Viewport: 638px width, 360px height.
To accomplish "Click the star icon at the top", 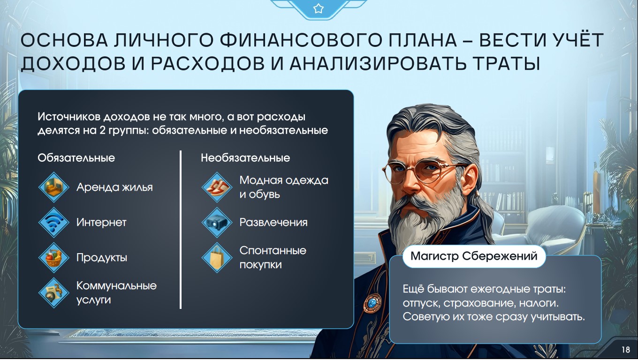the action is tap(318, 8).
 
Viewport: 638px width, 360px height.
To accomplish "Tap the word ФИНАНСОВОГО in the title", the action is tap(301, 40).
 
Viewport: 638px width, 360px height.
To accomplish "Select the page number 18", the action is tap(626, 350).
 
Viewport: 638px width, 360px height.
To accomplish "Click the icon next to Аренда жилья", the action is tap(54, 187).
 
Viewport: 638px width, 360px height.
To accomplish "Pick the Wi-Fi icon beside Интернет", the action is tap(54, 222).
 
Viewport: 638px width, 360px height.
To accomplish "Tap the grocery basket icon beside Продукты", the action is tap(54, 257).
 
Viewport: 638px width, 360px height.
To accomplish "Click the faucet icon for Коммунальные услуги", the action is tap(54, 293).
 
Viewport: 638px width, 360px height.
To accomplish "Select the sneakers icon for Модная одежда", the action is tap(217, 187).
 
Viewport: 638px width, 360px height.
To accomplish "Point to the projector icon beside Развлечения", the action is tap(217, 222).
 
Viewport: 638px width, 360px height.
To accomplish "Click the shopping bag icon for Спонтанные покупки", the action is tap(217, 257).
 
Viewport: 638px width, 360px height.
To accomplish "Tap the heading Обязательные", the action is tap(76, 157).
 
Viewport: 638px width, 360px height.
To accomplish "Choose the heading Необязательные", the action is tap(245, 157).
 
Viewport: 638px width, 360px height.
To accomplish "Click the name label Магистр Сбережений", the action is tap(474, 256).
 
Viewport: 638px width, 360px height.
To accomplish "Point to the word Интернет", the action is tap(101, 222).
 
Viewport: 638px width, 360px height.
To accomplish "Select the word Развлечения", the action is tap(273, 222).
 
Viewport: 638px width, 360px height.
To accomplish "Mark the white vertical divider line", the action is tap(181, 230).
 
